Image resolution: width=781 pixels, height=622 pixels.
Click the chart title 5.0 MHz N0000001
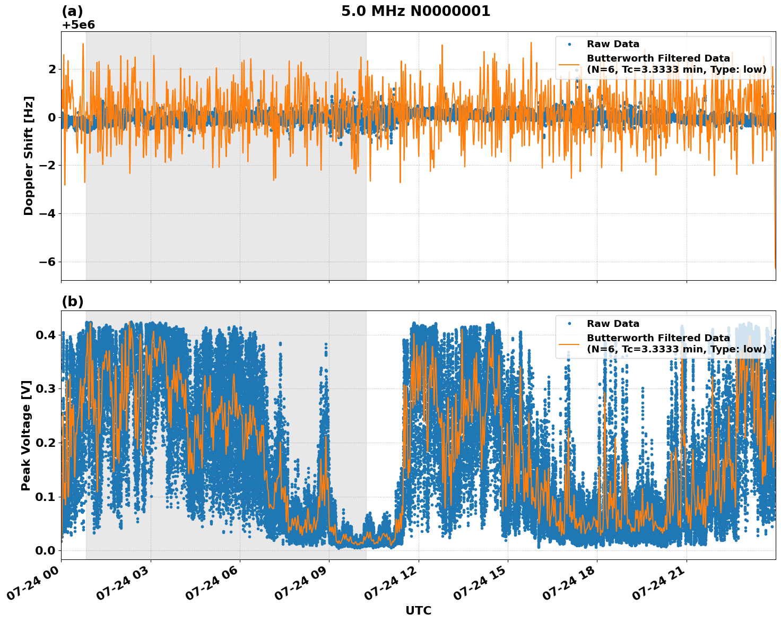click(x=415, y=11)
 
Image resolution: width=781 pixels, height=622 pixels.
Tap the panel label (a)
click(x=72, y=11)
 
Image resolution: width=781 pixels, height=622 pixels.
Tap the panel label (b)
click(x=72, y=301)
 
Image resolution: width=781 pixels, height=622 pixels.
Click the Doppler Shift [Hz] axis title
click(x=29, y=155)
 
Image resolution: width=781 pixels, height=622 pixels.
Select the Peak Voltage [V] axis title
click(x=26, y=435)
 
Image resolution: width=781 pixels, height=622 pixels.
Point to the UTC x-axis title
click(x=418, y=610)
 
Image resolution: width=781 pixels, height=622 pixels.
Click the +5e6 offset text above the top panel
click(x=78, y=25)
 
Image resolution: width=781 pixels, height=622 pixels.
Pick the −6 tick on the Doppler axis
click(x=47, y=262)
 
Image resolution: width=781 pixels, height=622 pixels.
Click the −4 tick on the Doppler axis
click(x=47, y=213)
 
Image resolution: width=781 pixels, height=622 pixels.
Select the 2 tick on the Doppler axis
click(x=52, y=69)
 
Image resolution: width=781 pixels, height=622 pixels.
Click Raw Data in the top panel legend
click(x=613, y=44)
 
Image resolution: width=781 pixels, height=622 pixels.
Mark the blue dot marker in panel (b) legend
click(x=569, y=324)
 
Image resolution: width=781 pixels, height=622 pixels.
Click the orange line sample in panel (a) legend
click(x=569, y=64)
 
